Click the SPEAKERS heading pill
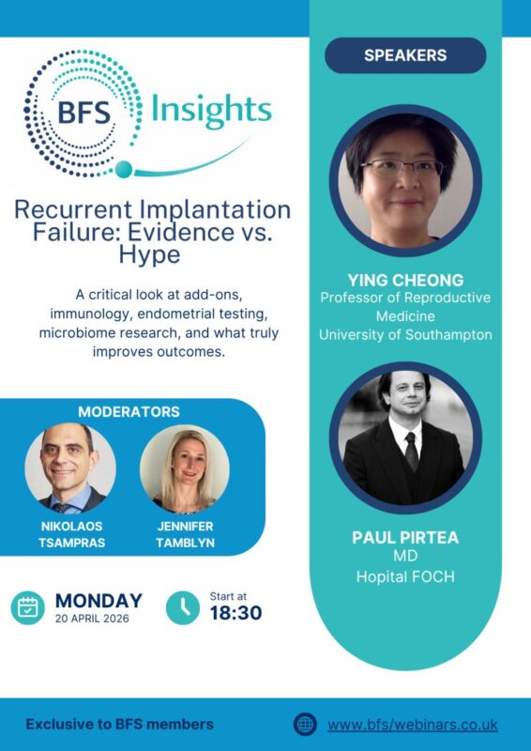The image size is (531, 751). [x=405, y=55]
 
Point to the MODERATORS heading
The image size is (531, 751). [x=129, y=412]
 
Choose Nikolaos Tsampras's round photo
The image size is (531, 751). [x=70, y=469]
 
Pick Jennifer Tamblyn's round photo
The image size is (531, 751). [x=185, y=469]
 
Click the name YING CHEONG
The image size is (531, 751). [x=405, y=278]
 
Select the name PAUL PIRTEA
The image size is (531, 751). [x=405, y=537]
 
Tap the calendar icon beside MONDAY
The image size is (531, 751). [x=28, y=608]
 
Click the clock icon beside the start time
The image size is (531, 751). [x=182, y=608]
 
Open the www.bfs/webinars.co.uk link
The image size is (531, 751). [x=412, y=724]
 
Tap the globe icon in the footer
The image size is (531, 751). [x=305, y=724]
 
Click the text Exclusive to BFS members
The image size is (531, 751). [x=119, y=724]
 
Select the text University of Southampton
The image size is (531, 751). [x=405, y=335]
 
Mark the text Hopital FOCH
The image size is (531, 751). [x=405, y=576]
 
